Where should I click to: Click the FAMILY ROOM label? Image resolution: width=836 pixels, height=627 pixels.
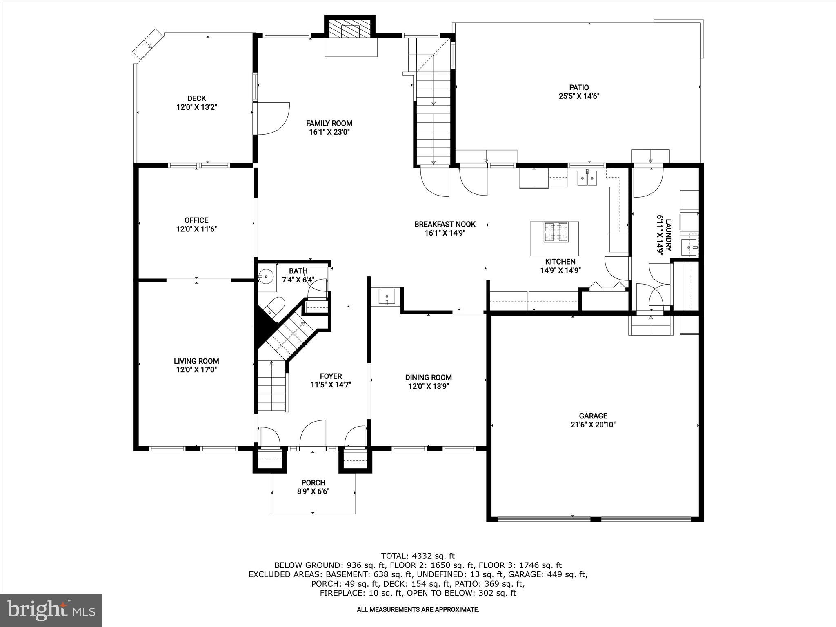tap(329, 123)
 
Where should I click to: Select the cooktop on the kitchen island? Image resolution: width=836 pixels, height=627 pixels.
tap(554, 232)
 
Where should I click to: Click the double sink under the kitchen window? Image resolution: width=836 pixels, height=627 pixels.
tap(587, 178)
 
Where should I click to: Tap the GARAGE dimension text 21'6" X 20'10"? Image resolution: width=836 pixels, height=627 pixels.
tap(593, 425)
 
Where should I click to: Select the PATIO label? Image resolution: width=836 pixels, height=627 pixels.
tap(579, 87)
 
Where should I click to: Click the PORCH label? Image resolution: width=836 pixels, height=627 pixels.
tap(313, 483)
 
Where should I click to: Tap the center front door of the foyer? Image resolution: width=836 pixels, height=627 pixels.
tap(313, 436)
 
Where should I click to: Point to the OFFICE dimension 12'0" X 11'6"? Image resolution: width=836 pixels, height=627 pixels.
tap(196, 229)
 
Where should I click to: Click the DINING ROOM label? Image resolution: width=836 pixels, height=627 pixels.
tap(428, 377)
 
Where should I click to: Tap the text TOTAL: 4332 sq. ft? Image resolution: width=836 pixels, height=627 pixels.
tap(418, 556)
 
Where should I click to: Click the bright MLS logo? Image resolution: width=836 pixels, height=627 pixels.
tap(51, 610)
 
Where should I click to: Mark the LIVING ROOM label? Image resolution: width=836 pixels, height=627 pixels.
tap(196, 361)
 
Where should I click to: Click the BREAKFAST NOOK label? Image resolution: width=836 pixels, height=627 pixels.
tap(445, 224)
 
